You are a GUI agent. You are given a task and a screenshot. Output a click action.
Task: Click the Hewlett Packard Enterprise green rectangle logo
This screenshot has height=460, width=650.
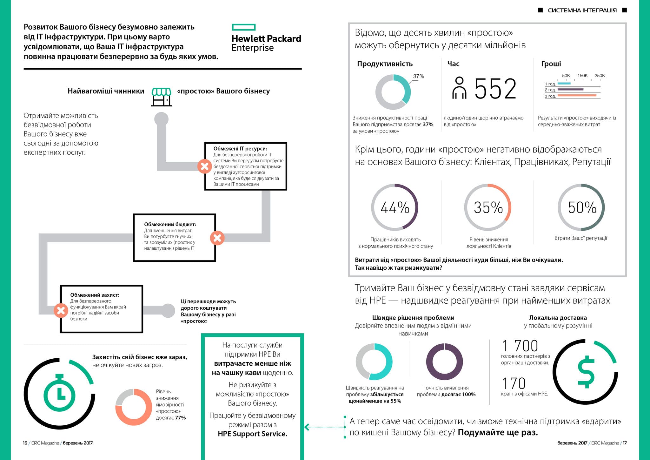pos(243,27)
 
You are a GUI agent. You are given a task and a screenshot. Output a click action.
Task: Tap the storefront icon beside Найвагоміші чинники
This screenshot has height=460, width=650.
pos(162,97)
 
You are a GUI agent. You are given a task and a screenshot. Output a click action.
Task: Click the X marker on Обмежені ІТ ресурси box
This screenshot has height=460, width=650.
pos(205,166)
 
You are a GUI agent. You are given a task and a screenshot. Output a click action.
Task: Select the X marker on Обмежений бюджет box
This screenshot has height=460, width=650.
pos(217,238)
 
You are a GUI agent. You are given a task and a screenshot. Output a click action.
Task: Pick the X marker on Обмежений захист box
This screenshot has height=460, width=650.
pos(61,310)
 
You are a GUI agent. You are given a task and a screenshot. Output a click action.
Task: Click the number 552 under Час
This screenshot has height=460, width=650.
pos(495,89)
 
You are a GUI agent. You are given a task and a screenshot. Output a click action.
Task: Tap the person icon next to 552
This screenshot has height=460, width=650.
pos(459,88)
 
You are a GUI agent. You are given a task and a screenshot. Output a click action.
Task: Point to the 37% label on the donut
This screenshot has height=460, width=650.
pos(418,76)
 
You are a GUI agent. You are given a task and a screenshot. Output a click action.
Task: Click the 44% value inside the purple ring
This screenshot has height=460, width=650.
pos(395,207)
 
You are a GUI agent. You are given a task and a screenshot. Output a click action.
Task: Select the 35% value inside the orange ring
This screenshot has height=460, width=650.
pos(488,207)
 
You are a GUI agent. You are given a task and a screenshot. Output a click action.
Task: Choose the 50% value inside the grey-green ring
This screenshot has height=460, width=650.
pos(582,207)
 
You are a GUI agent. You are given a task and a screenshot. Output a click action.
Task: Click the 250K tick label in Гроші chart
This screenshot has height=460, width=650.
pos(600,76)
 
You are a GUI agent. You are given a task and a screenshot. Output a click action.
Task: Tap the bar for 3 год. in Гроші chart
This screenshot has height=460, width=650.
pos(577,95)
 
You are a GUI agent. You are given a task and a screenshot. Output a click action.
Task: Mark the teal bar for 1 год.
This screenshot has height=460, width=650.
pos(564,84)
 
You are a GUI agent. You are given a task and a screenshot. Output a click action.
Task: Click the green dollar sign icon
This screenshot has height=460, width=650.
pos(586,372)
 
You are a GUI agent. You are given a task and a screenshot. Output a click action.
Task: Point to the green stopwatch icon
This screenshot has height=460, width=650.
pos(59,393)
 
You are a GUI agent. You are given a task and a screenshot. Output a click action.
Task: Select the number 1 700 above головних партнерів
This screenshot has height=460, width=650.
pos(520,346)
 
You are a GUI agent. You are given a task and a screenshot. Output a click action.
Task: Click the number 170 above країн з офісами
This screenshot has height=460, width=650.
pos(514,383)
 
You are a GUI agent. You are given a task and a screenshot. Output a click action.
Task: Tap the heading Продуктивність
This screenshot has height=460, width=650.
pos(385,64)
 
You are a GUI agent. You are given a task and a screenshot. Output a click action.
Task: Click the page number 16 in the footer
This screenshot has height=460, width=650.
pos(25,443)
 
